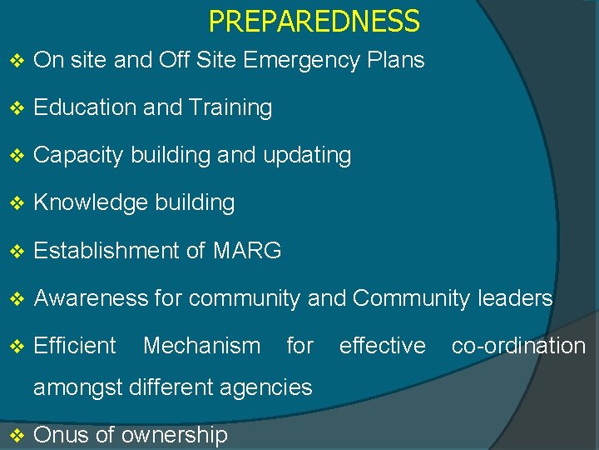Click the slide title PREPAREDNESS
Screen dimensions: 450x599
pos(314,21)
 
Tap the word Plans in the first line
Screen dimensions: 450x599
pos(399,61)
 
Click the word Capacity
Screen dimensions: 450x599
pos(79,156)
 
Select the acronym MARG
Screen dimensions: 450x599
pos(247,250)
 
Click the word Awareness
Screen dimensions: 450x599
pos(91,298)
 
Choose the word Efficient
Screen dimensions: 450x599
pos(75,346)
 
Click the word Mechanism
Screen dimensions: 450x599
pos(201,346)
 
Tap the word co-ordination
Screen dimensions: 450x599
pos(518,346)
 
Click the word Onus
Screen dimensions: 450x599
pos(61,435)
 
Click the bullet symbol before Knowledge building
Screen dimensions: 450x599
pos(17,203)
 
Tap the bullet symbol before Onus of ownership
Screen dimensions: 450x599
pos(17,435)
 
